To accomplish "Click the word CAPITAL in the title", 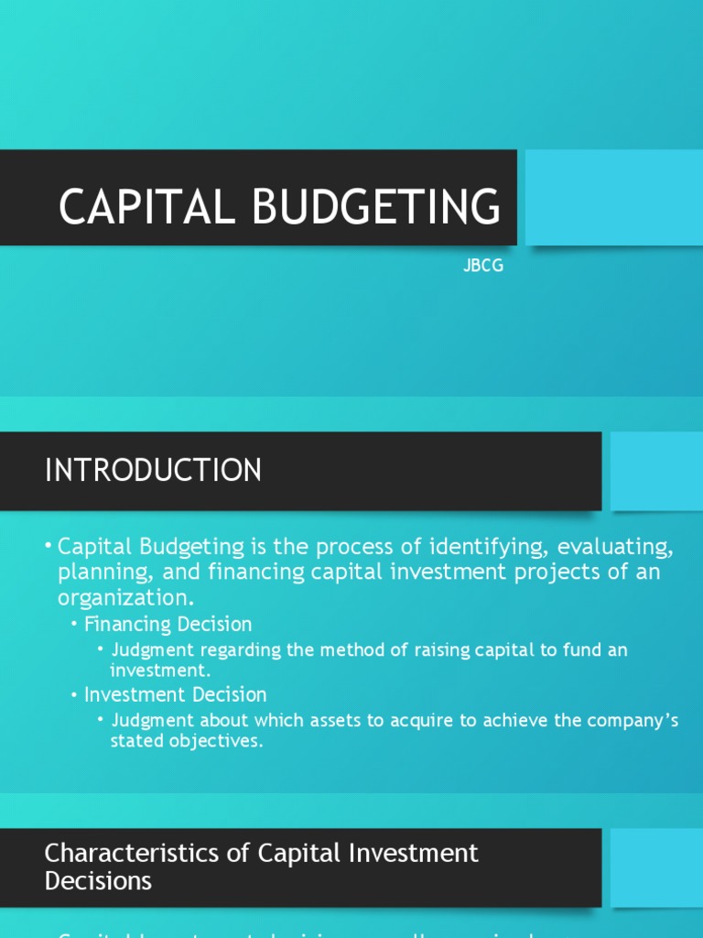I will (147, 206).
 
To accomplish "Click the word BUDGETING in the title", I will (377, 206).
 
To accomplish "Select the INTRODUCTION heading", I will (153, 470).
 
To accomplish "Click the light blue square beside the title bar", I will (612, 197).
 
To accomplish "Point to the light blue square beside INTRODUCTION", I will (656, 470).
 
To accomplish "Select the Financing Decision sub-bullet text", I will (168, 625).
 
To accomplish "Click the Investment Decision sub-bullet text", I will (175, 694).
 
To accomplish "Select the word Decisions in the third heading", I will (98, 881).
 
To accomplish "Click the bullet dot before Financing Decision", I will (74, 625).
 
